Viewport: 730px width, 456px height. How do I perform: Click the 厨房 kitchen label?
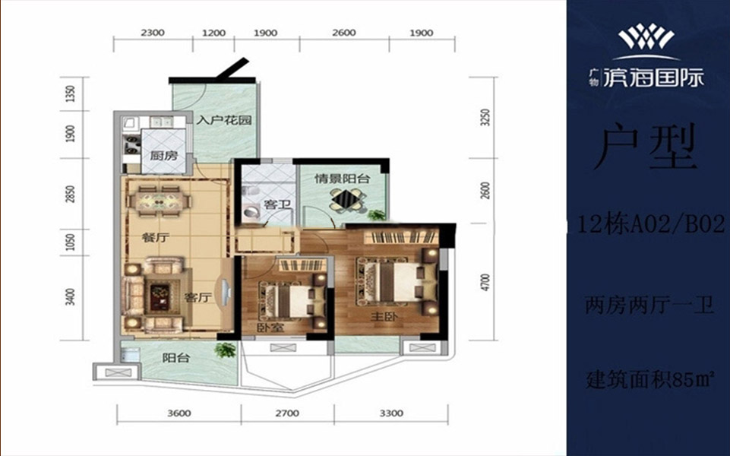(163, 155)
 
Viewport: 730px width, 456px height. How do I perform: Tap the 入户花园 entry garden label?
(224, 120)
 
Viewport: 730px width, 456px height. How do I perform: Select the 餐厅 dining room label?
(155, 238)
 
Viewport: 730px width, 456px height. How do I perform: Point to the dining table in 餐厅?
(160, 202)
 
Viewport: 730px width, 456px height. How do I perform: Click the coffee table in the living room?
(161, 296)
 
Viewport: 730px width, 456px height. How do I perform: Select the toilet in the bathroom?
(253, 212)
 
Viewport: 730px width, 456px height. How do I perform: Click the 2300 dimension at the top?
(153, 33)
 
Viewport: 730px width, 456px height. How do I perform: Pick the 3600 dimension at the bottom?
(179, 413)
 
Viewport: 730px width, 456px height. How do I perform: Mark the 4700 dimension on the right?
(485, 283)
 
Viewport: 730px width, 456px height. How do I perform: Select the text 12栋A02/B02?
(651, 225)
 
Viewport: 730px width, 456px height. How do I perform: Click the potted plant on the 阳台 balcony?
(226, 350)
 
